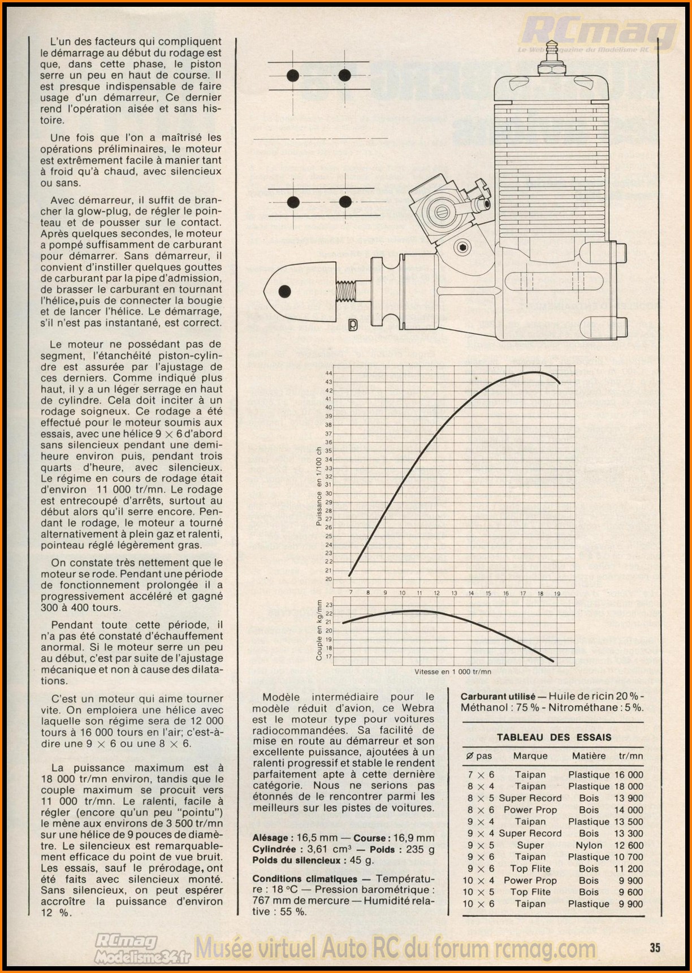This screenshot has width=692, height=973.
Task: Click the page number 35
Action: click(x=655, y=948)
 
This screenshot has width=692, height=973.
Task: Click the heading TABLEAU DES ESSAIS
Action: click(x=553, y=737)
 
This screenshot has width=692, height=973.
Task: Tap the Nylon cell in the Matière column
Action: click(x=589, y=845)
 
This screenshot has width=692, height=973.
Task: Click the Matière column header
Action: click(x=589, y=755)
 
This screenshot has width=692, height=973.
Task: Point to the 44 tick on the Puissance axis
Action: click(x=328, y=373)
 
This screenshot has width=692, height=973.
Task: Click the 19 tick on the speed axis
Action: click(x=557, y=593)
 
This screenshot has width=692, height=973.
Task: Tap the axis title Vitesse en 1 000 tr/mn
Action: click(x=453, y=672)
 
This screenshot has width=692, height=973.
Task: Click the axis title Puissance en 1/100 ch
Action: click(x=319, y=485)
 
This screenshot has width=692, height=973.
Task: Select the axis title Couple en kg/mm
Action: click(x=319, y=630)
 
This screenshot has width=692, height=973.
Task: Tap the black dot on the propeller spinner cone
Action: click(x=285, y=292)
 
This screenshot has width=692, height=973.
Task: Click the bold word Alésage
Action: click(x=271, y=838)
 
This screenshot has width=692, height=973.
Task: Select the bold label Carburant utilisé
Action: click(x=498, y=697)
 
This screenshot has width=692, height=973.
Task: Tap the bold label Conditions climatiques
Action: click(x=305, y=879)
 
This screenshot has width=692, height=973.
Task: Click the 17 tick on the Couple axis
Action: click(x=328, y=657)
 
